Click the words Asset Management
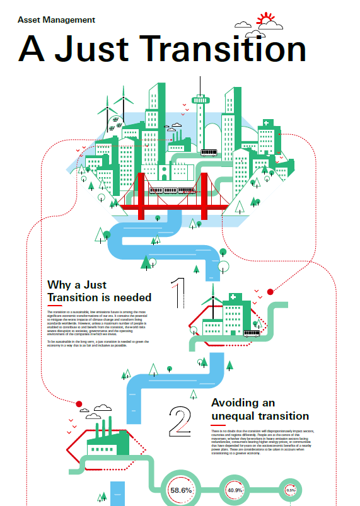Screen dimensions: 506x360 click(x=57, y=20)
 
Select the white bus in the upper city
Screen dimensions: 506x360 click(x=209, y=152)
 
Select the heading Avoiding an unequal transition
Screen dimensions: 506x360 click(x=260, y=409)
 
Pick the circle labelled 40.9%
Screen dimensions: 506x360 click(x=235, y=490)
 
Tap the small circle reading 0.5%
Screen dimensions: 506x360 click(x=291, y=490)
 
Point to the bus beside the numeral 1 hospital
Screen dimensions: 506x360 click(x=251, y=333)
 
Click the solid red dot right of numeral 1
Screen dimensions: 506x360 click(x=270, y=292)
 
